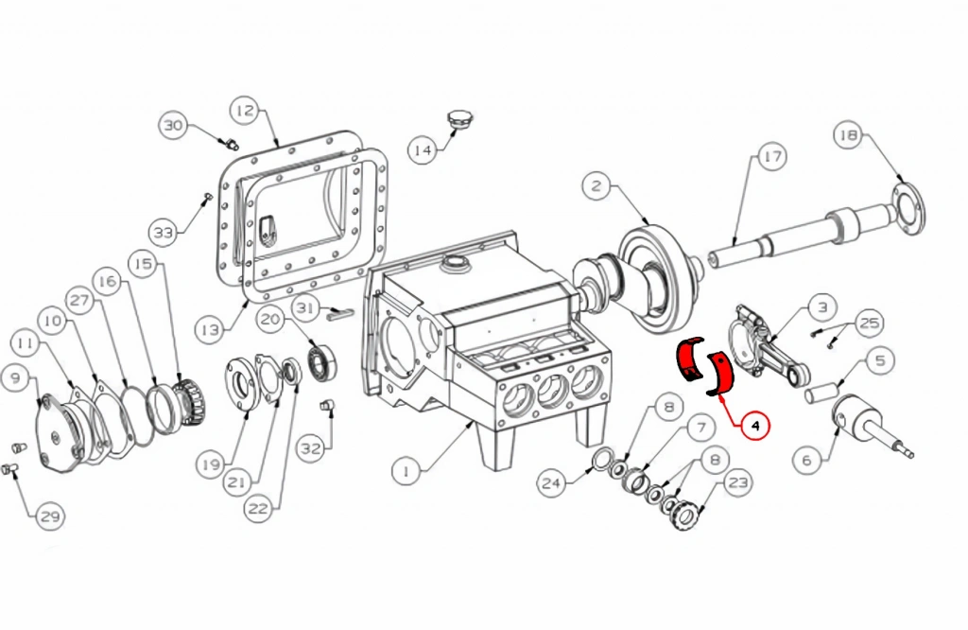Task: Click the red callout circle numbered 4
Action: (x=754, y=425)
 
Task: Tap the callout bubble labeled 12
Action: (x=245, y=111)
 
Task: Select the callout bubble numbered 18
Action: (x=849, y=135)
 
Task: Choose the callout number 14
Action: (x=423, y=150)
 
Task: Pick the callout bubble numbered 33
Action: (x=164, y=233)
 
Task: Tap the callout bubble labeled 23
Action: (x=738, y=483)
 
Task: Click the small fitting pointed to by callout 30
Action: (x=231, y=145)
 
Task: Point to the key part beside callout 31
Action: (x=340, y=313)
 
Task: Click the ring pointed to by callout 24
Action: (x=602, y=460)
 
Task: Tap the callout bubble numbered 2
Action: (x=596, y=186)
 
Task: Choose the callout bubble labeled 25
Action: (x=870, y=323)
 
